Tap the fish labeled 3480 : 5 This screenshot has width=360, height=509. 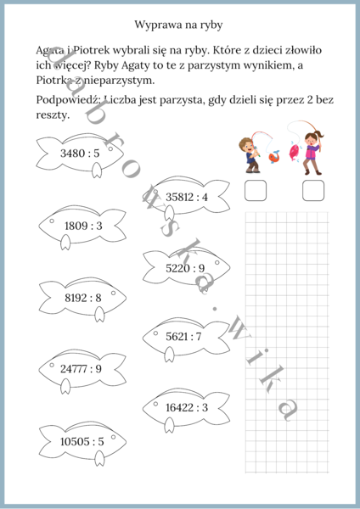click(x=80, y=154)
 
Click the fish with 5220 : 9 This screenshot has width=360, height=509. click(x=185, y=268)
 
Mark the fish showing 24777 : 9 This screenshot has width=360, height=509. click(x=81, y=369)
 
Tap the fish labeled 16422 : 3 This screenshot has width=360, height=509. click(x=186, y=407)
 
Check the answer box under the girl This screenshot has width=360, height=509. click(x=314, y=190)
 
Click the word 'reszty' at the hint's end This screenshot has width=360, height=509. click(x=52, y=115)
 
